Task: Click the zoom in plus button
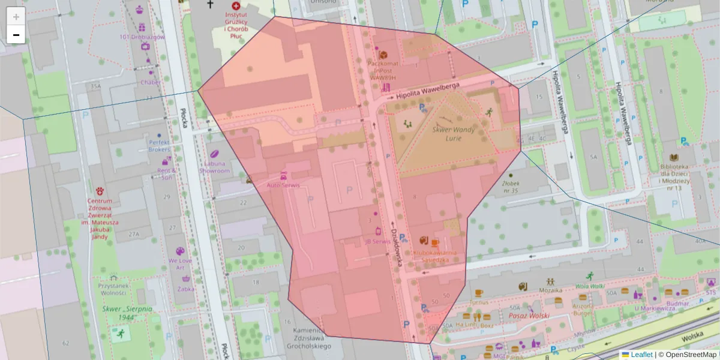pos(16,17)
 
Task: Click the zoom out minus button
pos(16,35)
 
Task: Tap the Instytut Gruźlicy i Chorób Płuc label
pos(235,22)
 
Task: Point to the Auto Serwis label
pos(283,185)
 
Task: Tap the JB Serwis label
pos(377,241)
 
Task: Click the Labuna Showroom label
pos(215,167)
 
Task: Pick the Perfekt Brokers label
pos(159,146)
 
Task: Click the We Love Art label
pos(180,264)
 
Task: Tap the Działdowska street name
pos(395,247)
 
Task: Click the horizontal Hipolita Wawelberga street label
pos(428,89)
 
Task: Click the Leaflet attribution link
pos(641,355)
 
